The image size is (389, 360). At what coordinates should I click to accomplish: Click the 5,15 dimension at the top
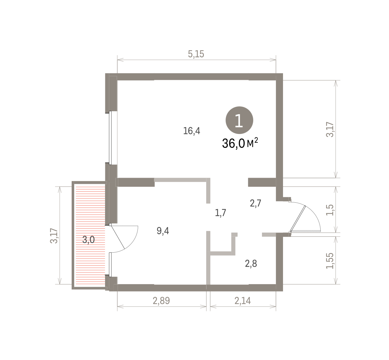[x=196, y=54]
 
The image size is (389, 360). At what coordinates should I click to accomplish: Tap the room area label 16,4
[x=192, y=131]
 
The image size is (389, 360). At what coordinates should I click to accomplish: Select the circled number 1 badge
[x=239, y=120]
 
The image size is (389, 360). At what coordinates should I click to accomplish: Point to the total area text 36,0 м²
[x=240, y=143]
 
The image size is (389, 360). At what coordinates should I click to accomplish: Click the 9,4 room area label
[x=163, y=231]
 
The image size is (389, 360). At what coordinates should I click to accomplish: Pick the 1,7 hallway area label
[x=220, y=213]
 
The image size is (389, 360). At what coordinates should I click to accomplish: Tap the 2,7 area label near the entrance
[x=256, y=203]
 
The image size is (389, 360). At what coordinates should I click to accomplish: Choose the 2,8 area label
[x=251, y=264]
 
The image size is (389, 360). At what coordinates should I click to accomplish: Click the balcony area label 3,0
[x=88, y=239]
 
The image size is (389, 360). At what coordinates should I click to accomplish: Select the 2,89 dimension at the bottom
[x=161, y=301]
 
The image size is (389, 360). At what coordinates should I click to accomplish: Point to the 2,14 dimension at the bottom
[x=243, y=301]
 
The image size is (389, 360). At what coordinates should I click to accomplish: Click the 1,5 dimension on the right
[x=330, y=210]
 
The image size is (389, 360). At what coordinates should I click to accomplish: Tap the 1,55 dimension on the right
[x=330, y=261]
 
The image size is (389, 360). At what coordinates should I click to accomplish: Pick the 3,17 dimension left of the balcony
[x=54, y=236]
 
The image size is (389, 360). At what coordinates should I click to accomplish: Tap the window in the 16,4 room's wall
[x=110, y=138]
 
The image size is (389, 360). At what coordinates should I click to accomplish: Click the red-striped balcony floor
[x=90, y=234]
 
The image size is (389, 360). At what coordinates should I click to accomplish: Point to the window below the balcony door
[x=110, y=265]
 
